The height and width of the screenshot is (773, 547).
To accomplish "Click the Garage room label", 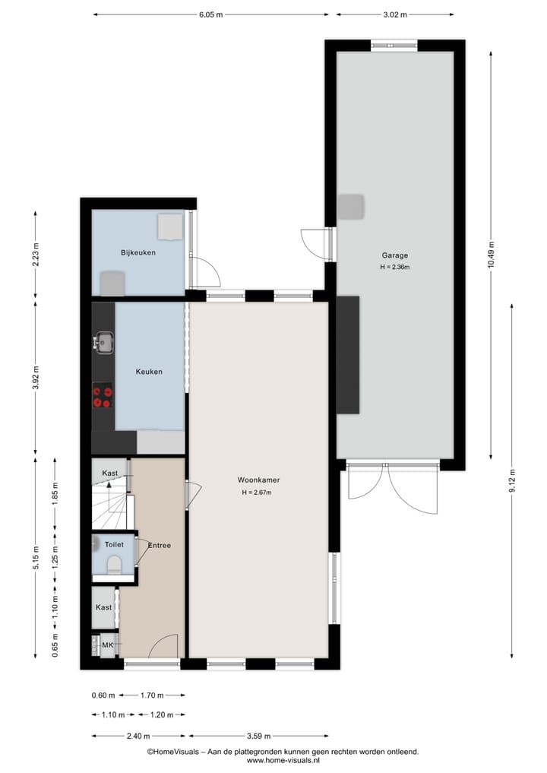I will [x=394, y=256].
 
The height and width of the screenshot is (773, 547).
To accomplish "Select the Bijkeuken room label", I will [x=138, y=252].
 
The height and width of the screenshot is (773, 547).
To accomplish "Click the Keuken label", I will [x=149, y=372].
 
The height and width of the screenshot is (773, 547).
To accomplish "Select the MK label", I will [x=107, y=645].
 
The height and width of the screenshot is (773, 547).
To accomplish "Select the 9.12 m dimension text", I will [x=513, y=481].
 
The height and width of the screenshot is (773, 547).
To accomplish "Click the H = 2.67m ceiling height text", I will [x=255, y=493].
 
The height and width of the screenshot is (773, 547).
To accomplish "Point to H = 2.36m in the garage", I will [x=394, y=268].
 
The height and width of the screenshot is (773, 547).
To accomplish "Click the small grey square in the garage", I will [x=351, y=206].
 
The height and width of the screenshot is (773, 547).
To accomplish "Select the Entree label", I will [x=160, y=545].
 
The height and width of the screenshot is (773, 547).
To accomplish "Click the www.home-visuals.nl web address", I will [x=283, y=760].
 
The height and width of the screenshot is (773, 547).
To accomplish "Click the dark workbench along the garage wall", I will [x=347, y=355].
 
